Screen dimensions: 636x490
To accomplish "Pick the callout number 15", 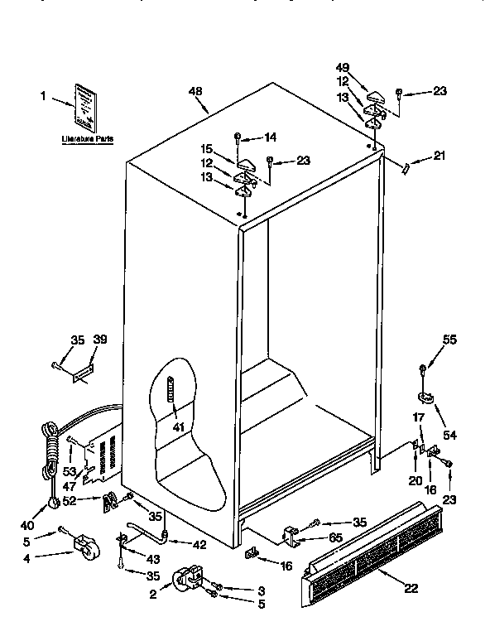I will (x=207, y=149).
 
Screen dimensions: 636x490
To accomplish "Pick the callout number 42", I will (x=199, y=544).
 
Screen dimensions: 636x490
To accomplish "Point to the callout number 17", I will (x=419, y=417).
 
